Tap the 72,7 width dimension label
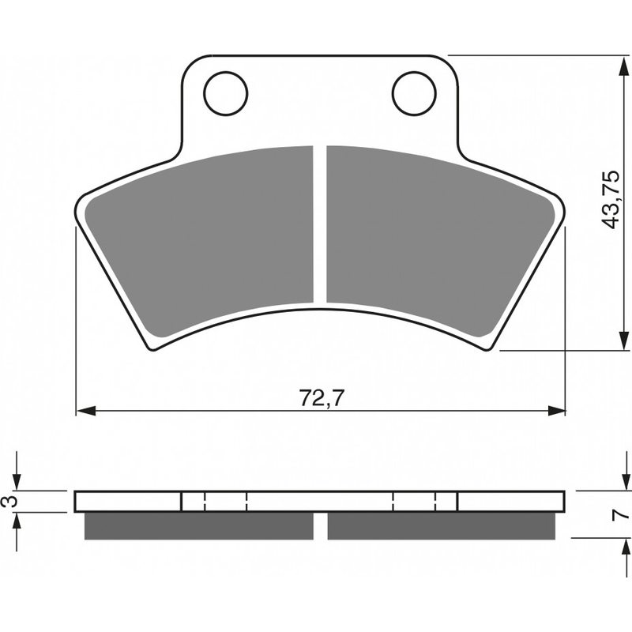coord(322,399)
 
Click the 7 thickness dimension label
coord(620,515)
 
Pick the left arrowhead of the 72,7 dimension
coord(86,411)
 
